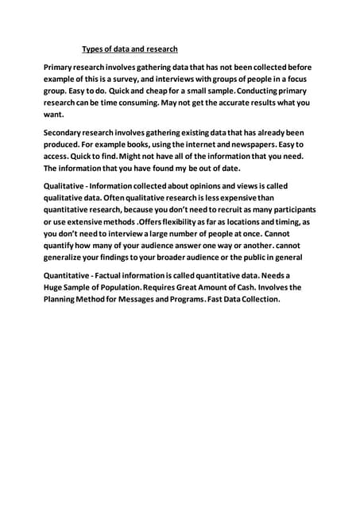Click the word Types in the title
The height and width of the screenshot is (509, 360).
(96, 49)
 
